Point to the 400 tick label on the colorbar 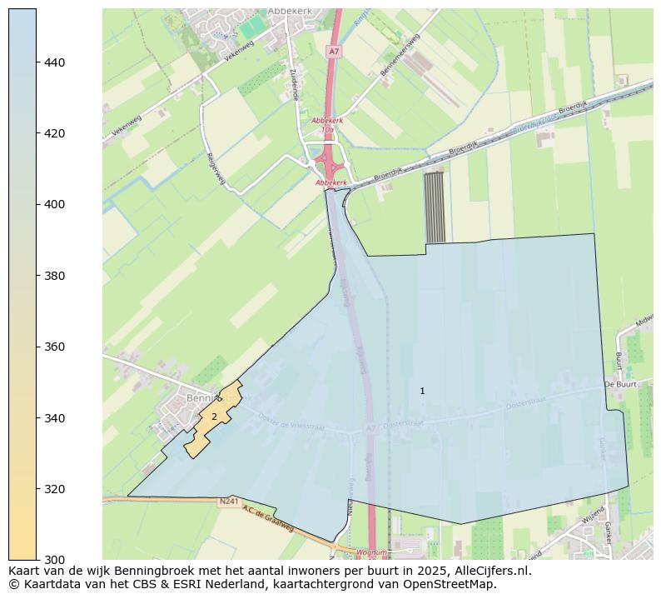(54, 204)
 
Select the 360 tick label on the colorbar (54, 347)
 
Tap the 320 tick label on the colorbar (54, 488)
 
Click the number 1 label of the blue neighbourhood (422, 391)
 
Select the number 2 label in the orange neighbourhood (214, 417)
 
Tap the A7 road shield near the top (334, 52)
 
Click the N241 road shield (229, 502)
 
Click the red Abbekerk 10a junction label (327, 125)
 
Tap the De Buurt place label (620, 385)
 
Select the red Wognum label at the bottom (371, 552)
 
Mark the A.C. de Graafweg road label (268, 519)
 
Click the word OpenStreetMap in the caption (452, 584)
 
